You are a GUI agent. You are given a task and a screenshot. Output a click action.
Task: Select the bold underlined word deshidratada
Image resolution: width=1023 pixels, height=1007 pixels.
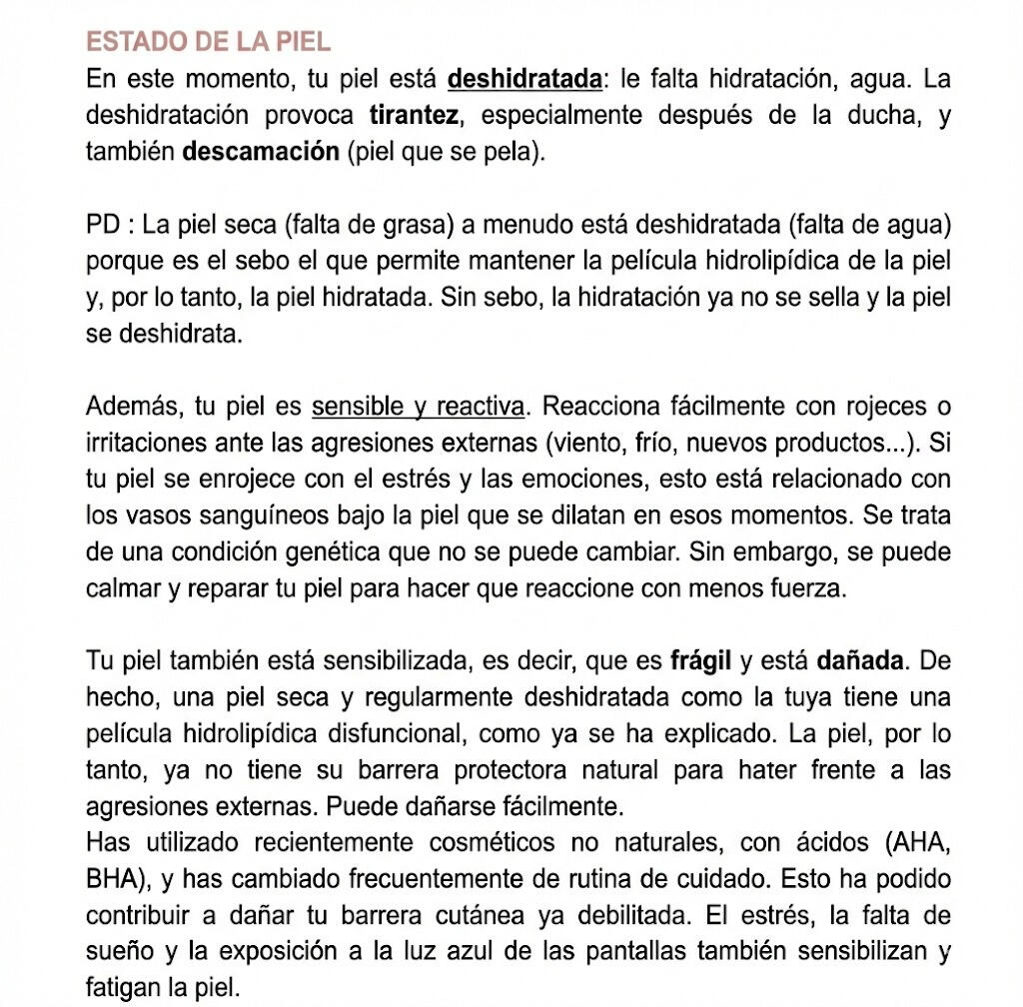pos(525,79)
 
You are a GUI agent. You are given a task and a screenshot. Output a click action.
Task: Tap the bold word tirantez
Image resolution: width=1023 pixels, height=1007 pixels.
pos(415,116)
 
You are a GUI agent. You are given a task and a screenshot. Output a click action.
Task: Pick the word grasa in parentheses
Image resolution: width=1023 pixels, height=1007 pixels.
pos(388,225)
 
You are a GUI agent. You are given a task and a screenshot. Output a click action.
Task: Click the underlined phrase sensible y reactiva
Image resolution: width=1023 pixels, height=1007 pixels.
pos(418,408)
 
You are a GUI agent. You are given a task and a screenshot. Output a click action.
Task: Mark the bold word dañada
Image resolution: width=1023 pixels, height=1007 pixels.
pos(860,661)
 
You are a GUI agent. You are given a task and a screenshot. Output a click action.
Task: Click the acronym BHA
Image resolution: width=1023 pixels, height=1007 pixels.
pos(110,880)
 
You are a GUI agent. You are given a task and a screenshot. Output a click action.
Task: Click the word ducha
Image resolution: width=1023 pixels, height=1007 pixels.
pos(879,116)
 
